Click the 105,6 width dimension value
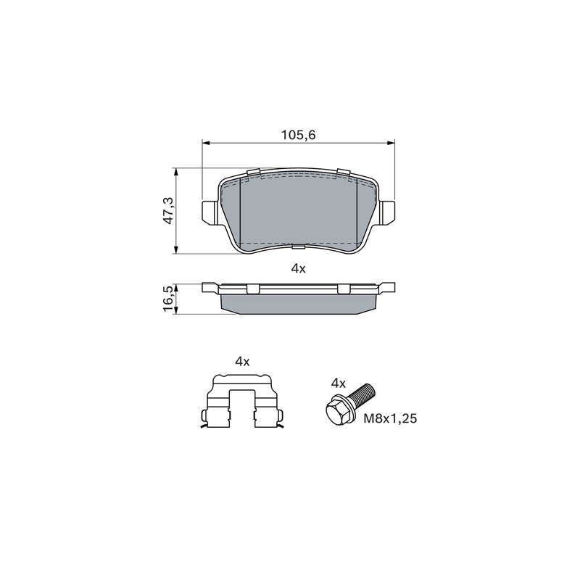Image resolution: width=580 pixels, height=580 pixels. pyautogui.click(x=298, y=135)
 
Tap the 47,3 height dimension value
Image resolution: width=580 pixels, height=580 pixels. pyautogui.click(x=169, y=210)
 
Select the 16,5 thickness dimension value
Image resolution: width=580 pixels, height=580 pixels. pyautogui.click(x=169, y=299)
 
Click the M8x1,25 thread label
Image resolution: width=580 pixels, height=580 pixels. pyautogui.click(x=390, y=418)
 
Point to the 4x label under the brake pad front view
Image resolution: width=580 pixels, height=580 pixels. pyautogui.click(x=298, y=268)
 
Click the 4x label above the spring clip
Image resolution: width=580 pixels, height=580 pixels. pyautogui.click(x=242, y=362)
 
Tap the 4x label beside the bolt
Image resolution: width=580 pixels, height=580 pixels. pyautogui.click(x=338, y=384)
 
